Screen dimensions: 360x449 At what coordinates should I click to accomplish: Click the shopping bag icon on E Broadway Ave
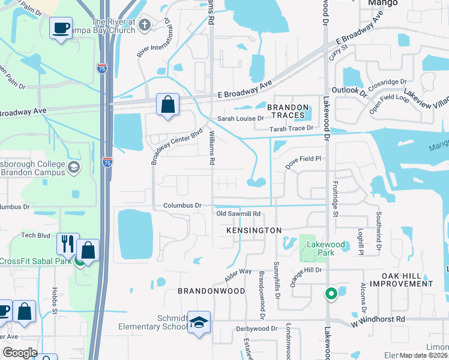point(168,104)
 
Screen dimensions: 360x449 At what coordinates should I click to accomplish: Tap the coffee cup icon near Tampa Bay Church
point(61,28)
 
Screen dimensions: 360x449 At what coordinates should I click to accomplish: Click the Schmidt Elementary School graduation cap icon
point(199,322)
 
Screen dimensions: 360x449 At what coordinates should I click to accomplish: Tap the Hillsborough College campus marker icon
point(73,166)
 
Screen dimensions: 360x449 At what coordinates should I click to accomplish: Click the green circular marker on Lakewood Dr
point(330,294)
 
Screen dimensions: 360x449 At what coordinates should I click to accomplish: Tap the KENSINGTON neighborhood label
point(254,230)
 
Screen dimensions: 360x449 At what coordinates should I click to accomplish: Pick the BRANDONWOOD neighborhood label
point(211,290)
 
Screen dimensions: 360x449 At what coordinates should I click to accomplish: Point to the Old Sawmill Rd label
point(238,214)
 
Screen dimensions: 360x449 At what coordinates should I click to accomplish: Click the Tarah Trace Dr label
point(291,128)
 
